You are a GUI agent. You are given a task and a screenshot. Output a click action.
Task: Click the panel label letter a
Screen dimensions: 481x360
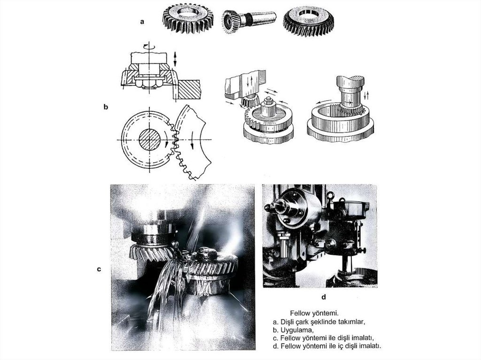pos(142,22)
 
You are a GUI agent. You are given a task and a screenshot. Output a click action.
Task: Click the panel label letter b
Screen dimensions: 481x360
pos(106,107)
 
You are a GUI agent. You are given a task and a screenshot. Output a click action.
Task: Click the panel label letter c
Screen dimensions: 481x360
pos(99,269)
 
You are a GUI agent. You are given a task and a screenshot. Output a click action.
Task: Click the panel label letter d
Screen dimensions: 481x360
pos(324,297)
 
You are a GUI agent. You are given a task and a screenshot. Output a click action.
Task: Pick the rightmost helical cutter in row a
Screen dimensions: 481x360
pos(308,21)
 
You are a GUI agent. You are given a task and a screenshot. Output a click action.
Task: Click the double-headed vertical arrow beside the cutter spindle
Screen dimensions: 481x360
pos(175,59)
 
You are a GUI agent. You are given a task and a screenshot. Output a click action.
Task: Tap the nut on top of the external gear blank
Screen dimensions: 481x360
pos(268,100)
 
